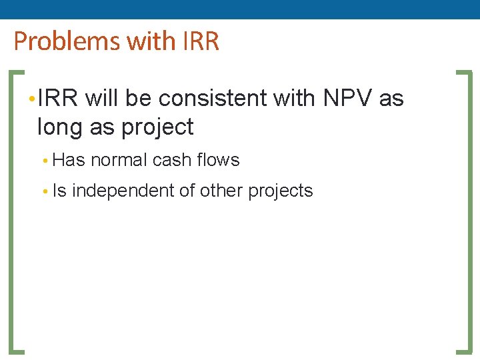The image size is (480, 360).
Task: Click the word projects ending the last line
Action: (280, 191)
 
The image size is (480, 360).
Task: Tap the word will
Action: (102, 99)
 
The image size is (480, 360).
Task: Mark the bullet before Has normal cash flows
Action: (43, 161)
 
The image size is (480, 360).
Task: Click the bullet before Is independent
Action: (43, 192)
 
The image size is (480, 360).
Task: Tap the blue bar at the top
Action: (240, 9)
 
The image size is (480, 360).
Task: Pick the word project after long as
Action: (157, 127)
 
